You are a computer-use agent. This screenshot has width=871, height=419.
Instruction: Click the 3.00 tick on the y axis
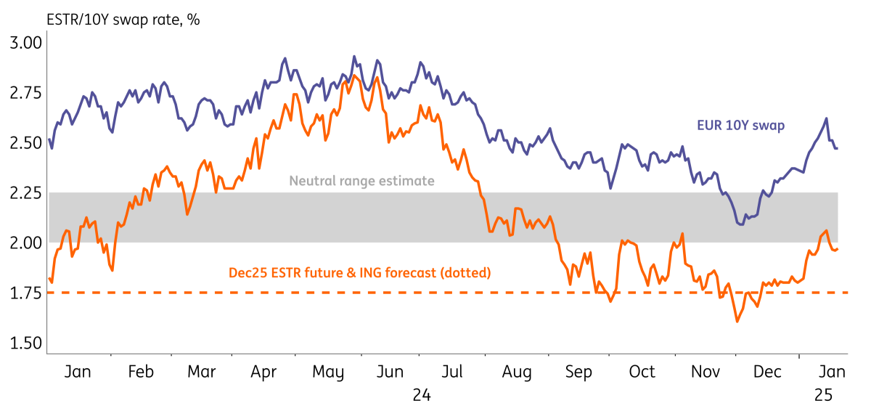25,42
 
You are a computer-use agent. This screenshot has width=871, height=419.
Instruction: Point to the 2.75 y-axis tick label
25,92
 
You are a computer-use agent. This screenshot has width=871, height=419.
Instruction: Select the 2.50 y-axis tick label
25,142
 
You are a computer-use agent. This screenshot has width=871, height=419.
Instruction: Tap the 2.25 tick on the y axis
25,192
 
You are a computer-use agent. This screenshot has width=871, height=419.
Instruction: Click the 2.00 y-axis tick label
25,243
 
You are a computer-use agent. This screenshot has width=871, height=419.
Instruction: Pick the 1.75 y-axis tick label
25,293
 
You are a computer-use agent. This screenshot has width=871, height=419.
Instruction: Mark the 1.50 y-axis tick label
25,343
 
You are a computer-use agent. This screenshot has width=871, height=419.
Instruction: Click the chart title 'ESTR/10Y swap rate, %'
123,20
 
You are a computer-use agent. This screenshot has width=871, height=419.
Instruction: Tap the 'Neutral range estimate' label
362,181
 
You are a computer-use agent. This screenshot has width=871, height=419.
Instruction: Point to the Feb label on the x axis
140,372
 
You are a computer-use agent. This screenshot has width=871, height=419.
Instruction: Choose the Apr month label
265,372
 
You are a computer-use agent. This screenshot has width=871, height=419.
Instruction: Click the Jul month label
453,372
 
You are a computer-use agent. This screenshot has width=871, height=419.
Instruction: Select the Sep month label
579,372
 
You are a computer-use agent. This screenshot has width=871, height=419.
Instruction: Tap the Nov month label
705,372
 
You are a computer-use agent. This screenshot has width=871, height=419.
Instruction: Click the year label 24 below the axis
422,395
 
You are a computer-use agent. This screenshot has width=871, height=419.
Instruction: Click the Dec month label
767,372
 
